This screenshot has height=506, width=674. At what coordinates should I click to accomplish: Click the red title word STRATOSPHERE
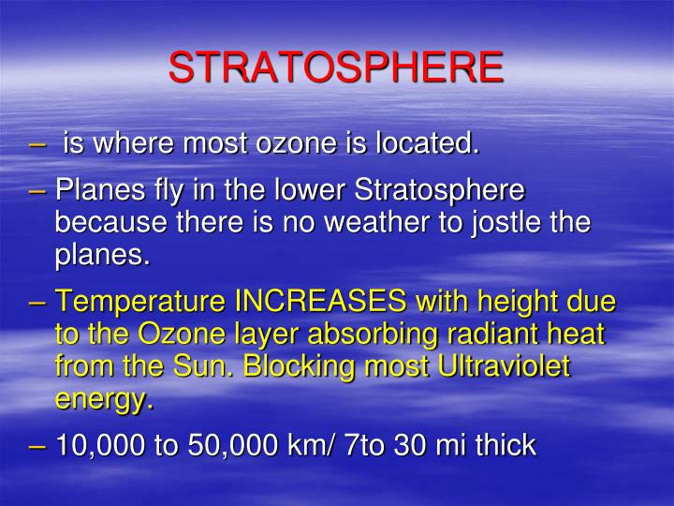pyautogui.click(x=336, y=67)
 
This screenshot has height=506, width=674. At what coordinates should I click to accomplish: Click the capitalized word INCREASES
pyautogui.click(x=319, y=303)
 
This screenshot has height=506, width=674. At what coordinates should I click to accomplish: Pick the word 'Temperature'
pyautogui.click(x=140, y=303)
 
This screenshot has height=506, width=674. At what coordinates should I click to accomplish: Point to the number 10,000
pyautogui.click(x=99, y=445)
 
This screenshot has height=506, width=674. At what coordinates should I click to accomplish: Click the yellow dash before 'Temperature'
pyautogui.click(x=38, y=303)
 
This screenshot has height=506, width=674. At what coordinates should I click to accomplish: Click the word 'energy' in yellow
pyautogui.click(x=100, y=400)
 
